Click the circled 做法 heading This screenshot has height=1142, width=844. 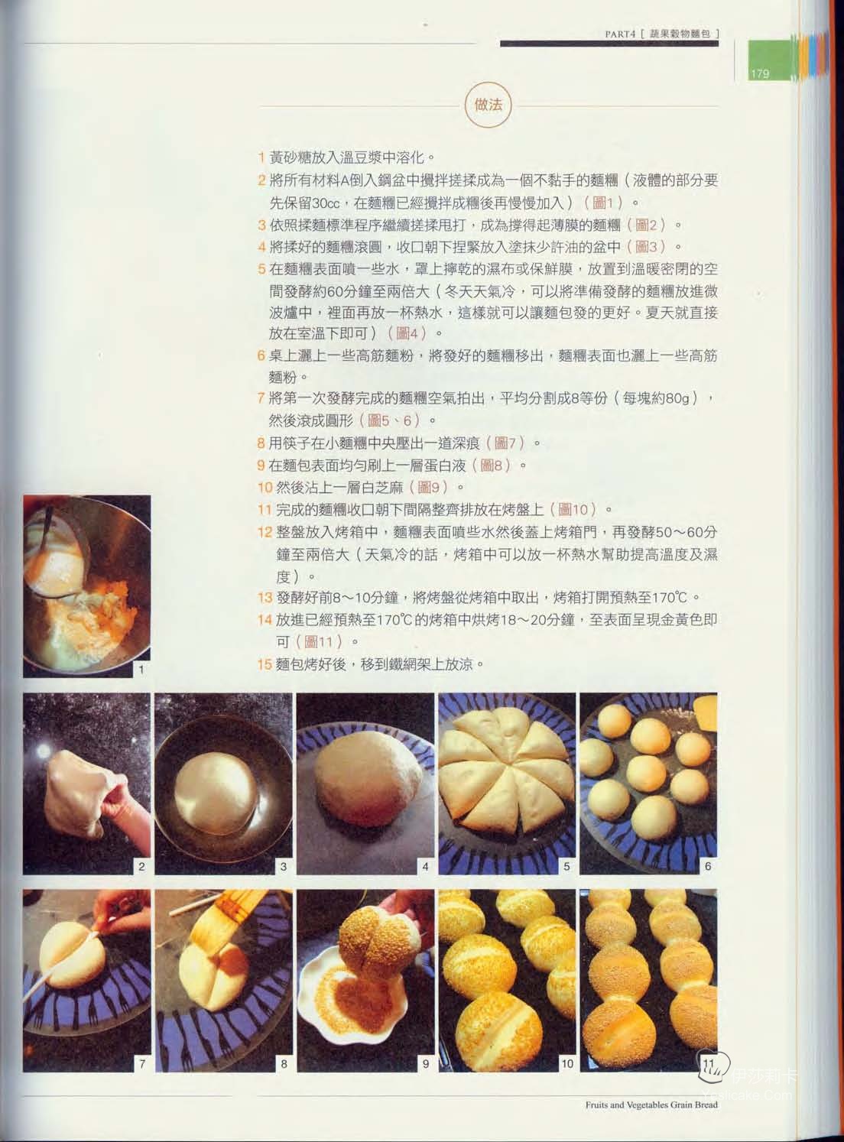tap(488, 105)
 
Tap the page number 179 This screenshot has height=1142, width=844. tap(760, 73)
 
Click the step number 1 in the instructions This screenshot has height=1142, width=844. tap(261, 157)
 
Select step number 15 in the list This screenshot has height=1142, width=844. tap(265, 664)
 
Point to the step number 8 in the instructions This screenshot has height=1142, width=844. tap(261, 443)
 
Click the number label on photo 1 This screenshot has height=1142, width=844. tap(141, 670)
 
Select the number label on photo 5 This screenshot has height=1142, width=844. tap(566, 867)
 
